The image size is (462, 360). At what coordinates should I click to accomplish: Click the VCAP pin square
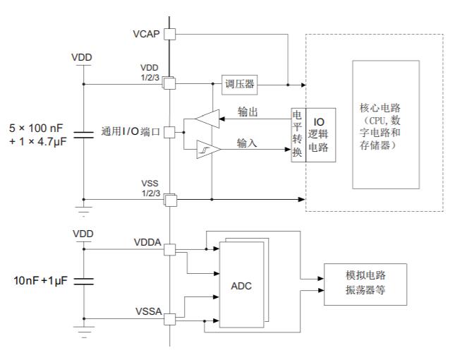pos(169,33)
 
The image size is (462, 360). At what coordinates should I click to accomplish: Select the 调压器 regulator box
pos(238,85)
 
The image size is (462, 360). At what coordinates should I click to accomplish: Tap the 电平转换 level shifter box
pos(298,135)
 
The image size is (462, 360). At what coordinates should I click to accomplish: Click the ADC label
pos(242,287)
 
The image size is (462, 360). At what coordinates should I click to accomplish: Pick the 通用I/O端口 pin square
pos(169,131)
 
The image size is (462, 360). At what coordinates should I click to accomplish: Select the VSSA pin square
pos(169,320)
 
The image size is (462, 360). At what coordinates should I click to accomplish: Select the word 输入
pos(247,143)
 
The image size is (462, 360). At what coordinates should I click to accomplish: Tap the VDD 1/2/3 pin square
pos(169,84)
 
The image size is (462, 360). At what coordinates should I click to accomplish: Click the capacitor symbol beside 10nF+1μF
pos(83,282)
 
